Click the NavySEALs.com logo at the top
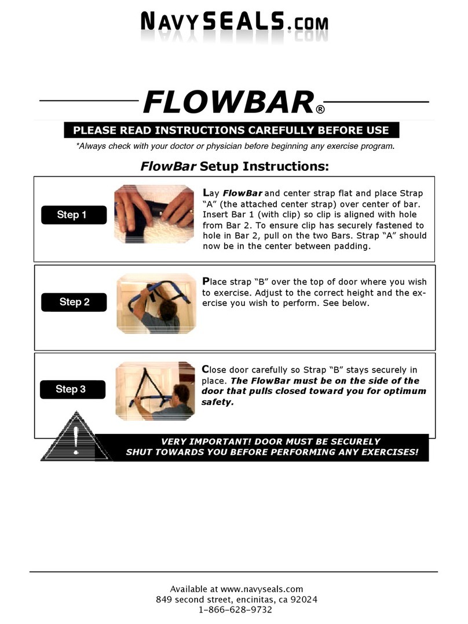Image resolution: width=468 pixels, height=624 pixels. pyautogui.click(x=233, y=24)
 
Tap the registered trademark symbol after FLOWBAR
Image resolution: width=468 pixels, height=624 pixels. pyautogui.click(x=320, y=110)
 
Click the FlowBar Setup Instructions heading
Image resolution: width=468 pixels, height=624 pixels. pyautogui.click(x=234, y=167)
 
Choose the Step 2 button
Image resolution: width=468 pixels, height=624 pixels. pyautogui.click(x=74, y=302)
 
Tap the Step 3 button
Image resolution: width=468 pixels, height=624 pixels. pyautogui.click(x=71, y=389)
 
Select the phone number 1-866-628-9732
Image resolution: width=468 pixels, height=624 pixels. pyautogui.click(x=235, y=610)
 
